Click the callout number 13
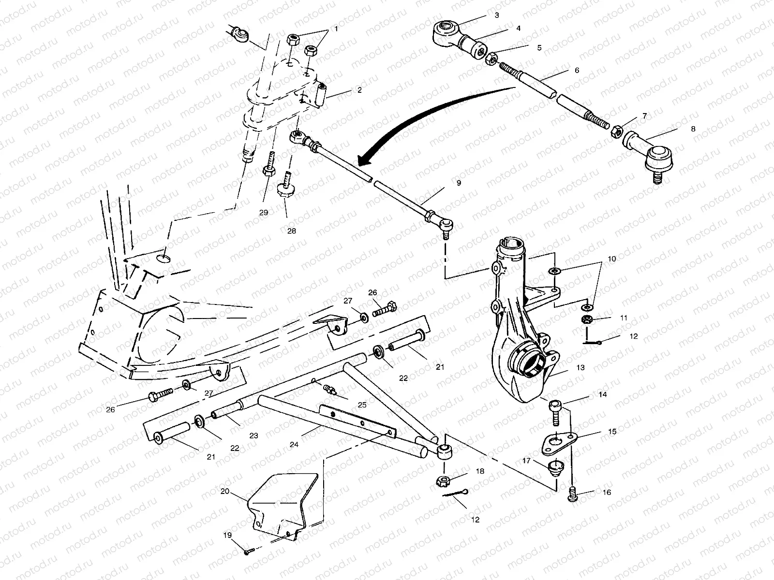[x=580, y=367]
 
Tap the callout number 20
[x=224, y=491]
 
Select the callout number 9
[x=458, y=183]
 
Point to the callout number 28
[x=291, y=231]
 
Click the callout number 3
[x=497, y=15]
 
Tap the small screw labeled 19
[x=248, y=552]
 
